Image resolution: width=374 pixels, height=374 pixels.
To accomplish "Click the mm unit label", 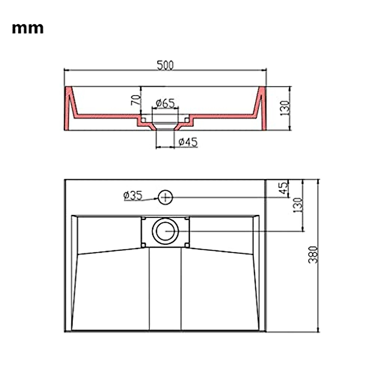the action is click(x=28, y=29).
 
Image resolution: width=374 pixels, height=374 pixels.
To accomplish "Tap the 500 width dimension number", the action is click(x=165, y=65).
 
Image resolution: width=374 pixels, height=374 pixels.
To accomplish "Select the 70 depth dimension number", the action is click(x=136, y=100).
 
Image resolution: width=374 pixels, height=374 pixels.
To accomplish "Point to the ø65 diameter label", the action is click(x=165, y=103).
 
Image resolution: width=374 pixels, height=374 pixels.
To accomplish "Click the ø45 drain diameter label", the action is click(x=188, y=142).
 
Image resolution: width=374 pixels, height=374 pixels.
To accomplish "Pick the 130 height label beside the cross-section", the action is click(x=285, y=108).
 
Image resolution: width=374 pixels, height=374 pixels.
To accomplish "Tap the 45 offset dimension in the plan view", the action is click(x=284, y=188).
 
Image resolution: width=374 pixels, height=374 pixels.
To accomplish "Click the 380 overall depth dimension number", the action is click(x=313, y=255).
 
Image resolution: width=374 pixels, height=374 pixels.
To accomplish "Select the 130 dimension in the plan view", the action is click(x=298, y=205).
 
